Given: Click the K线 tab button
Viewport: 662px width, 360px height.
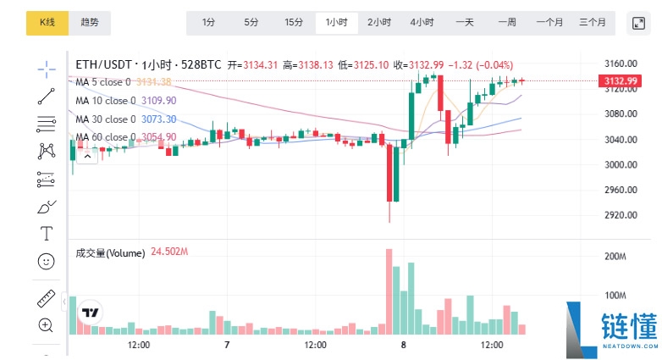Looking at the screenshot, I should pos(47,23).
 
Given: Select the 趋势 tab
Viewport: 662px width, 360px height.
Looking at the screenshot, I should pos(89,23).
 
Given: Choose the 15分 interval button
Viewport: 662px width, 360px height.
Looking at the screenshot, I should pos(293,23).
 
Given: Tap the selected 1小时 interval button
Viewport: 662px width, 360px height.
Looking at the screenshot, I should pos(336,23).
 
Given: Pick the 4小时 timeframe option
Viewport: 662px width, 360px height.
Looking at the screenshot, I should pos(422,23).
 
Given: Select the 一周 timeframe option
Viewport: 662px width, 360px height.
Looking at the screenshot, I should pos(507,23).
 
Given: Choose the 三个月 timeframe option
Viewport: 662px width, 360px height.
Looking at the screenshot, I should pos(592,23).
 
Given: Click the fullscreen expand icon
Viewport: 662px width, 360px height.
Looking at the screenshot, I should pos(639,23).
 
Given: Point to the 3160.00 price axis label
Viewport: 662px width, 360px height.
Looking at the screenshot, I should pos(621,64).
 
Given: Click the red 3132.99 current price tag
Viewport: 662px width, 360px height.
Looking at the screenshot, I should pos(621,81).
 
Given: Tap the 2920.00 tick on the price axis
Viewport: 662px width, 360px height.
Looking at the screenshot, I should pos(621,215).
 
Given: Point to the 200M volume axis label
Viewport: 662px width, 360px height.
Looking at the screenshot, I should pos(615,256).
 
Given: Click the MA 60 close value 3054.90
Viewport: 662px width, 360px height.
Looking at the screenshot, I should pos(158,137).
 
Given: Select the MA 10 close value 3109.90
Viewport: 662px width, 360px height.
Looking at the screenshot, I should pos(158,101).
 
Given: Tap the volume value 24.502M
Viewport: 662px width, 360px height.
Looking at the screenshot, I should pos(169,252).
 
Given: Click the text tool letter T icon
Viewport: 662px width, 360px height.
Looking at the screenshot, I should pos(47,233).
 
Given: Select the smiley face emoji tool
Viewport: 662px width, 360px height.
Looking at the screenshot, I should pos(47,262).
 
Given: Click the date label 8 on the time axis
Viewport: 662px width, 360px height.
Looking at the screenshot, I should pos(404,346).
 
